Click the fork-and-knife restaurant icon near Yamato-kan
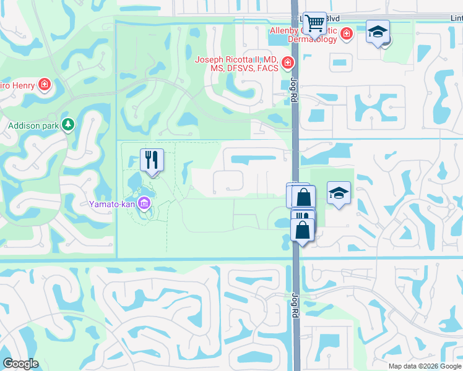[x=151, y=160]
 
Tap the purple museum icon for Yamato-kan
[x=144, y=202]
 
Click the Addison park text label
[x=33, y=126]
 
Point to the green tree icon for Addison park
[x=68, y=125]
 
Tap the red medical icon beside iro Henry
[x=45, y=84]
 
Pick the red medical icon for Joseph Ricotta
[x=287, y=62]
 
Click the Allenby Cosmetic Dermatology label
[x=303, y=35]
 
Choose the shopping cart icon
[x=316, y=23]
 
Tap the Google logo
[x=20, y=364]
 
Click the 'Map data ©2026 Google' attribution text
[x=425, y=366]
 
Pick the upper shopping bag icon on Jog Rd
[x=303, y=197]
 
